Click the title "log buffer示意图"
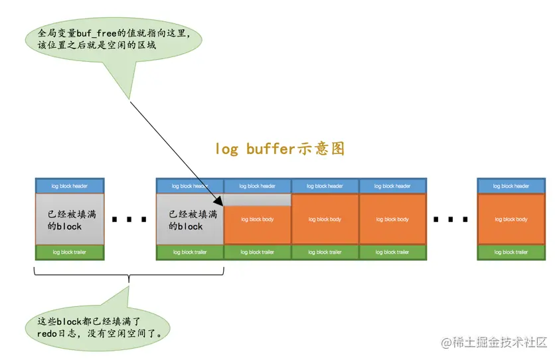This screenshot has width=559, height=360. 279,148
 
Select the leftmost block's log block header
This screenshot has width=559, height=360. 70,186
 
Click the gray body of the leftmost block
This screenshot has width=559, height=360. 70,220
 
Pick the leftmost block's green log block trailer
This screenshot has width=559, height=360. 70,252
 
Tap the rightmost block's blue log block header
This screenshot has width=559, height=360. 511,186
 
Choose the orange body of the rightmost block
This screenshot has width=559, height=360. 511,220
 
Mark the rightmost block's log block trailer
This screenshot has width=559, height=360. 511,252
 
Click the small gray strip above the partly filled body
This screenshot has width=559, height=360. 258,200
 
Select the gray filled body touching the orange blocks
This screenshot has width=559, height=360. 190,220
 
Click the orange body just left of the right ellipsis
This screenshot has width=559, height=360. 392,220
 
